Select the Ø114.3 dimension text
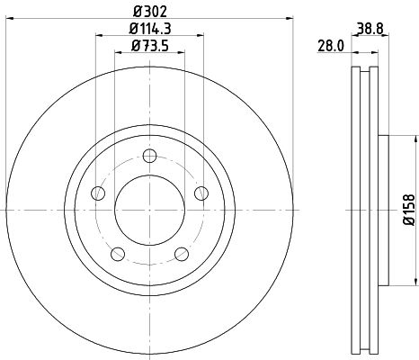149,29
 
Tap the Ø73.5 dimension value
149,46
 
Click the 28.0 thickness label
333,46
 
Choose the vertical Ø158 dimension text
407,210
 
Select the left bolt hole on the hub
99,193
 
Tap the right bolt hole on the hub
200,193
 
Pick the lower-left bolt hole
118,253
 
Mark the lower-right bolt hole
181,253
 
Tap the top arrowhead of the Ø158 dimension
415,139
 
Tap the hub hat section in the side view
382,210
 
